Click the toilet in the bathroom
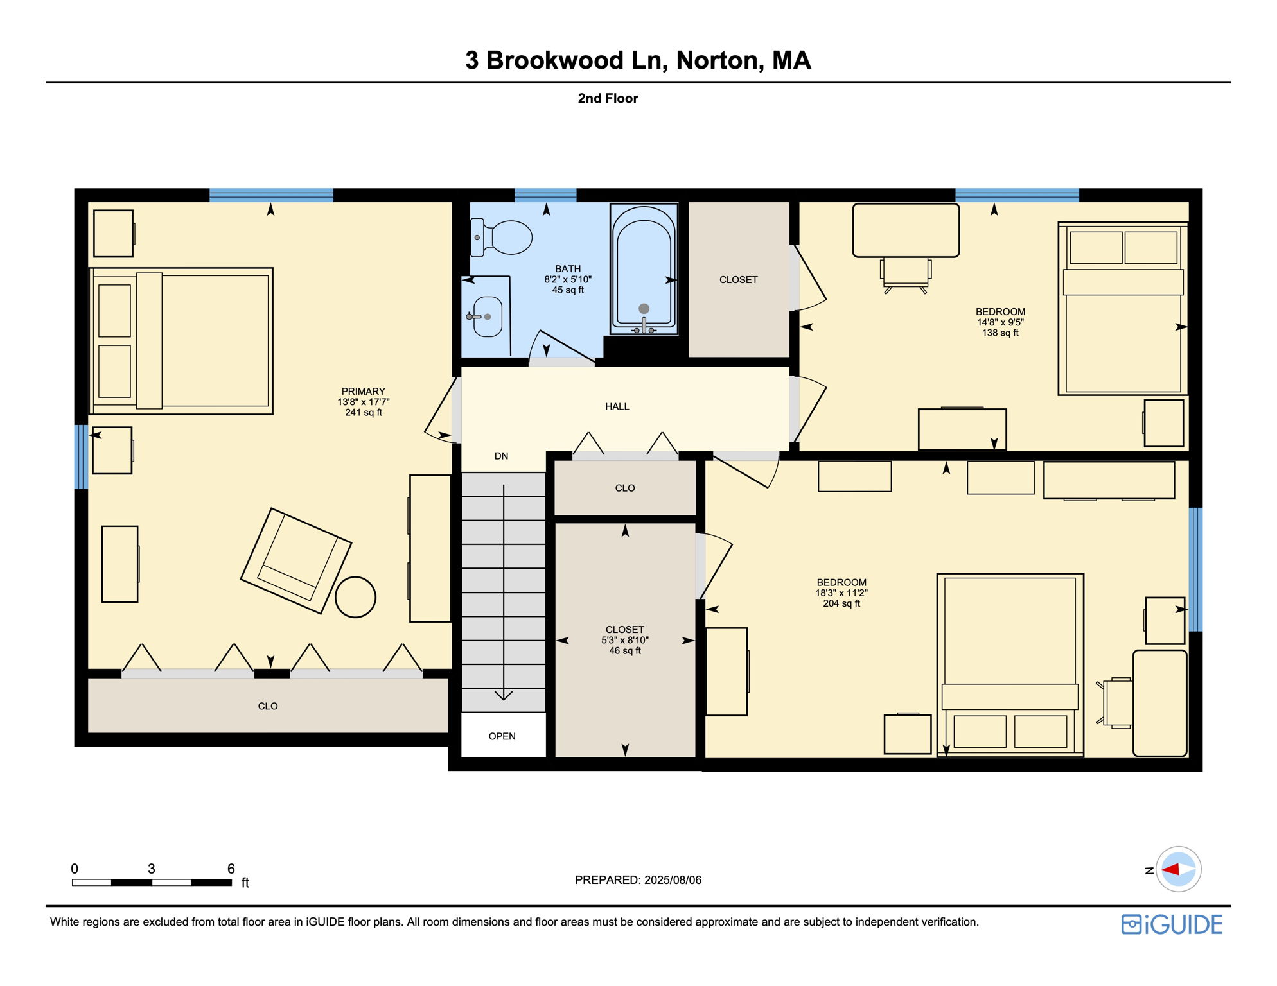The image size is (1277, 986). (x=506, y=237)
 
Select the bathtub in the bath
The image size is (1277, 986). (x=644, y=270)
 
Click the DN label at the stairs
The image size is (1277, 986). (x=501, y=456)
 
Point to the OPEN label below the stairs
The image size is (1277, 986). (x=502, y=736)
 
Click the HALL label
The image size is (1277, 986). (x=617, y=406)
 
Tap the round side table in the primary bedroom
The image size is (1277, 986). (x=355, y=597)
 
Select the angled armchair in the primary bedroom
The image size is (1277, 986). (x=295, y=560)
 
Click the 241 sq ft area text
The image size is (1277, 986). (x=364, y=413)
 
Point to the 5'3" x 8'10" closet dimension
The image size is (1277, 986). (x=625, y=641)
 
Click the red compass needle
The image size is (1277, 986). (x=1171, y=870)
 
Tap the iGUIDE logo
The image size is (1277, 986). (x=1172, y=924)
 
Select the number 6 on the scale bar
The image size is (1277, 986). (x=231, y=869)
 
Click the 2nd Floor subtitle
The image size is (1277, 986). (x=608, y=98)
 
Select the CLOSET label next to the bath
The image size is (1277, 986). (x=738, y=280)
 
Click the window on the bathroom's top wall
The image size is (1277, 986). (x=545, y=195)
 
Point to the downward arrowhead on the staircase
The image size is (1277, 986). (x=504, y=695)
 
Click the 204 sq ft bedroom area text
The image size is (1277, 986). (x=841, y=604)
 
